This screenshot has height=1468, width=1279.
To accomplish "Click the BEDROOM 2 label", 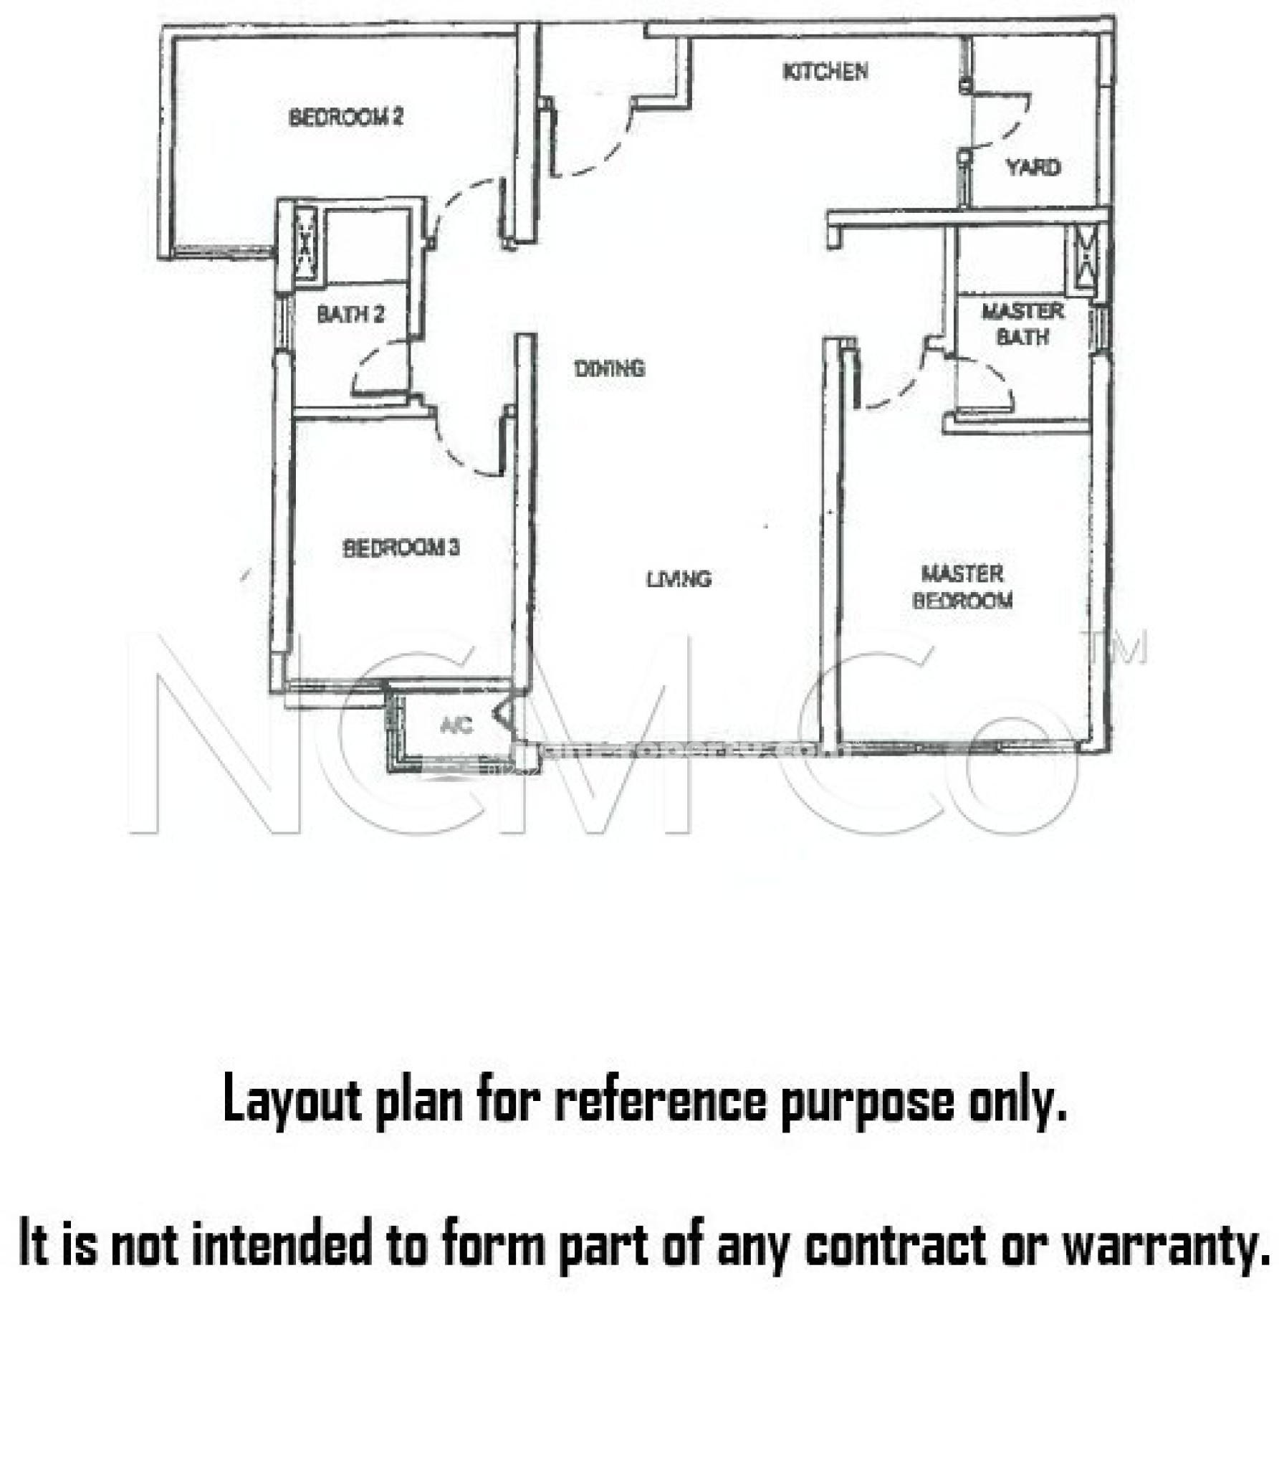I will pos(345,117).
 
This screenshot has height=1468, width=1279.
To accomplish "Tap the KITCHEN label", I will pos(825,71).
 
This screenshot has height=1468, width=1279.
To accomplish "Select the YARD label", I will pos(1033,168).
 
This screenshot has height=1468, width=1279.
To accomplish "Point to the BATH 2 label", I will pos(350,314).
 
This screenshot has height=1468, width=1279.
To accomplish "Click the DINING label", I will pos(609,368).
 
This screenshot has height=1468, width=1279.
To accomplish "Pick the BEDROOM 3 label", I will pos(401,548).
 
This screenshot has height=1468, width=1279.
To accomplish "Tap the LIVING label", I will pos(678,579).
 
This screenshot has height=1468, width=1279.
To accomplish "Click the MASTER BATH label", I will pos(1022,323).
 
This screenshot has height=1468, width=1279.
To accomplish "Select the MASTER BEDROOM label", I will pos(962,587).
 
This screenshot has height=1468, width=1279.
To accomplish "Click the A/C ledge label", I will pos(457,726).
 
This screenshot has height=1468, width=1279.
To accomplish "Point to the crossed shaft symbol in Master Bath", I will pos(1083,257).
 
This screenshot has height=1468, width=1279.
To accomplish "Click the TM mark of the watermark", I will pos(1116,647).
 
